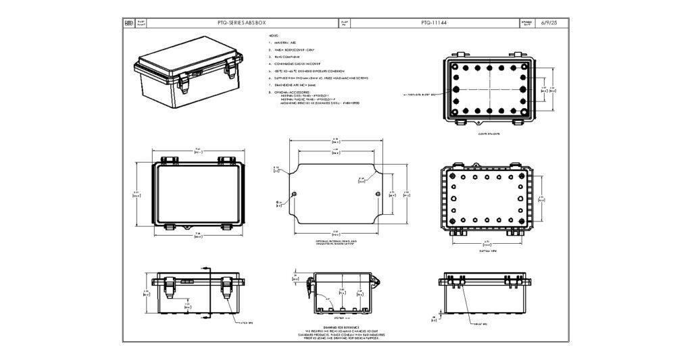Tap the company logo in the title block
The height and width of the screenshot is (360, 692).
click(x=130, y=23)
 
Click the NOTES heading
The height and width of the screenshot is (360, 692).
click(x=274, y=34)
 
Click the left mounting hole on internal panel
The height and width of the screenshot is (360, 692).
click(x=293, y=195)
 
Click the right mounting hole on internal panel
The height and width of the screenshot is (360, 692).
click(x=377, y=195)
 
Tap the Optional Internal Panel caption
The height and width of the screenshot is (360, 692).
click(x=336, y=242)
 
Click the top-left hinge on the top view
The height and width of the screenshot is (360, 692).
click(x=167, y=160)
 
